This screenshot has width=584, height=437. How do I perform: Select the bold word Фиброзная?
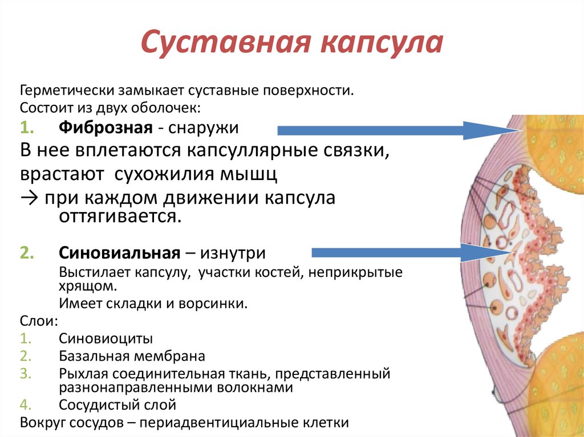(105, 128)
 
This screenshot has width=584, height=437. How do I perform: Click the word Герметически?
(67, 91)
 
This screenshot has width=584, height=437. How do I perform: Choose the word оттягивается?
(119, 218)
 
